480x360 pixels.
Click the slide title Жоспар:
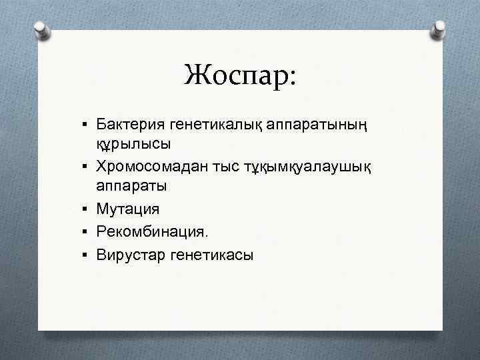click(241, 75)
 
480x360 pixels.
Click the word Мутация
click(128, 209)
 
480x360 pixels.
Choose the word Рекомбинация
click(152, 231)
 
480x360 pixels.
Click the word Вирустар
click(130, 253)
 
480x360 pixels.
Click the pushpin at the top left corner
click(41, 30)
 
